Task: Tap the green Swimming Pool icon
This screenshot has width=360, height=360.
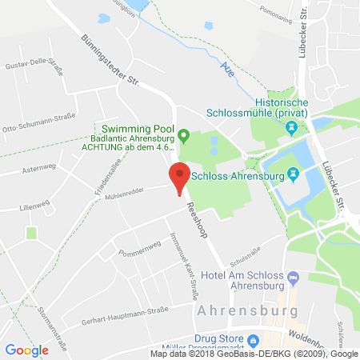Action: pyautogui.click(x=183, y=134)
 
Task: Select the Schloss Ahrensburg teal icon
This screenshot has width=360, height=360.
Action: pyautogui.click(x=293, y=173)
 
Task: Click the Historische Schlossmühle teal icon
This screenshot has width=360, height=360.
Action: pyautogui.click(x=293, y=126)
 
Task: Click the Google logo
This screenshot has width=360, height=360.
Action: pyautogui.click(x=27, y=350)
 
